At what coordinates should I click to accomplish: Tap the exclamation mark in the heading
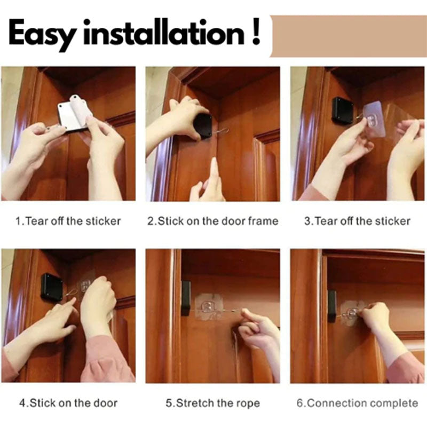[256, 31]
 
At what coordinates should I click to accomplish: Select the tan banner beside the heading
[349, 36]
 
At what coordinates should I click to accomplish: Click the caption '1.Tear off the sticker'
[68, 221]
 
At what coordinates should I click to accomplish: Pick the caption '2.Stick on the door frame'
[212, 221]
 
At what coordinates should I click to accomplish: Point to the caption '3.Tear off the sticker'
[357, 221]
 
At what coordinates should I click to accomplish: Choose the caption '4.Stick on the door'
[68, 403]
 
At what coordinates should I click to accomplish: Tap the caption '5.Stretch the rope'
[212, 403]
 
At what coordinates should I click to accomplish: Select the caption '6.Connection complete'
[357, 403]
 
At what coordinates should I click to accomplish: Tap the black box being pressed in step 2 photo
[203, 126]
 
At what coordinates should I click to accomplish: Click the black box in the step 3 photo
[343, 109]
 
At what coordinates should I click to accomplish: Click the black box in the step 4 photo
[51, 287]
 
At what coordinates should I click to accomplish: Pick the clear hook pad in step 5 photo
[208, 306]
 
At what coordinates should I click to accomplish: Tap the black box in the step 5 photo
[186, 298]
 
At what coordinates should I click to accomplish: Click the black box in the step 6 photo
[332, 306]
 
